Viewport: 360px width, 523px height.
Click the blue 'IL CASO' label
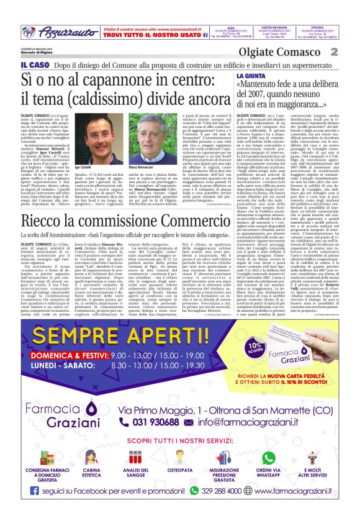point(31,65)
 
